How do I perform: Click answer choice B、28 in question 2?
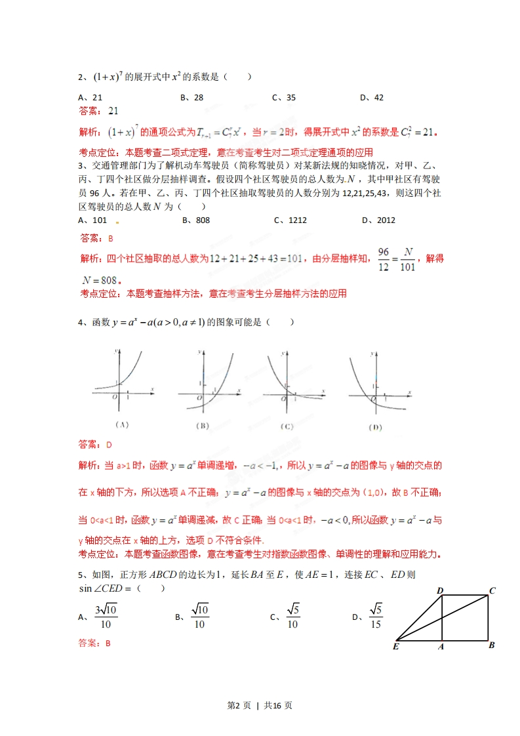click(191, 98)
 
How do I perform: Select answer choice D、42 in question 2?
click(372, 98)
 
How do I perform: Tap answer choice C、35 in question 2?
click(284, 98)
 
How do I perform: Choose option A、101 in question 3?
click(92, 220)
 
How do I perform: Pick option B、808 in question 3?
click(196, 220)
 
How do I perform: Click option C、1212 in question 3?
click(290, 220)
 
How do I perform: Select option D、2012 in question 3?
click(378, 220)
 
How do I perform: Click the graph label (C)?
click(287, 426)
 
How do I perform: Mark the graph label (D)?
click(375, 427)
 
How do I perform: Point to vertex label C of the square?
click(492, 590)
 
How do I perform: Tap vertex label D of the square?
click(440, 590)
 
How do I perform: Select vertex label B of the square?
click(491, 645)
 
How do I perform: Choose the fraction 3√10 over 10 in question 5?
click(105, 617)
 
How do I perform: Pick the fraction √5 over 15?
click(375, 617)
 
